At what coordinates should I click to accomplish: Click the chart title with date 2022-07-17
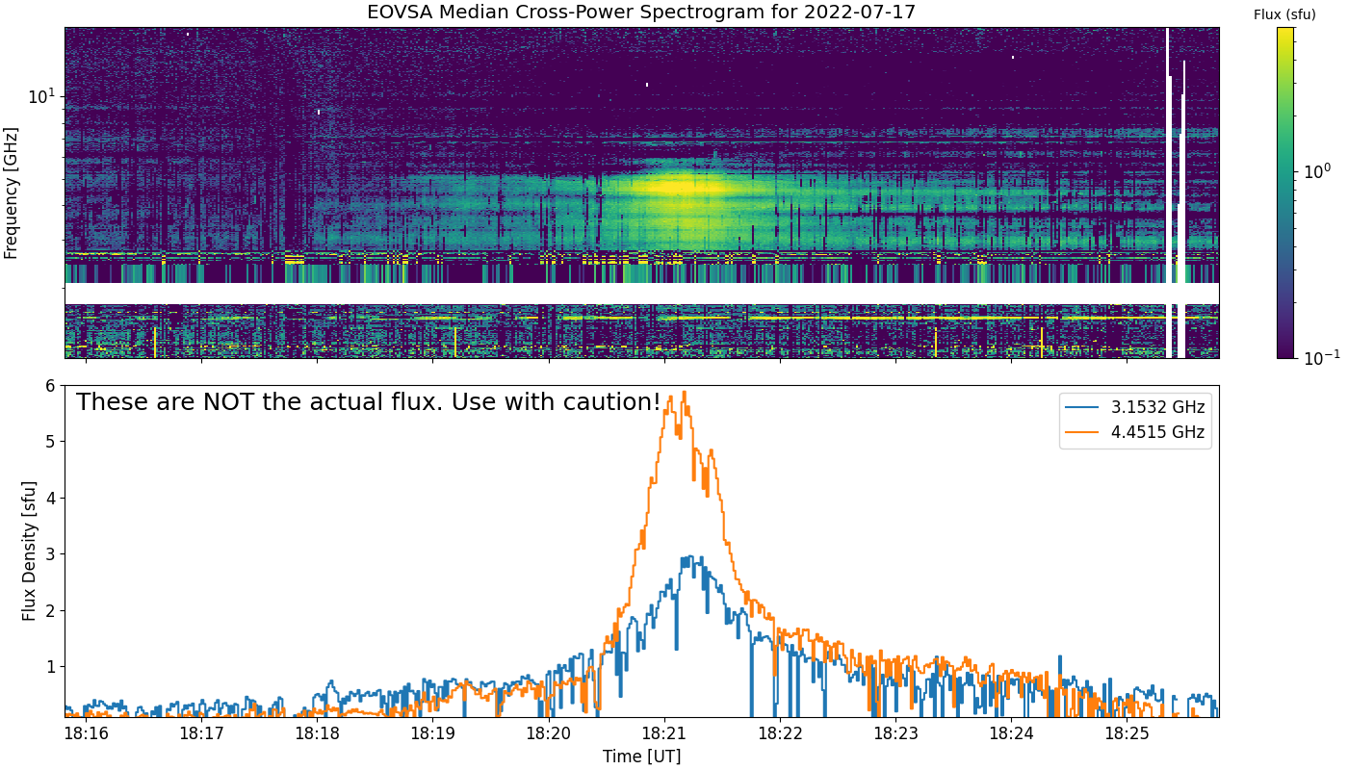[641, 12]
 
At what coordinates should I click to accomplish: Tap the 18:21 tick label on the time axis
[664, 733]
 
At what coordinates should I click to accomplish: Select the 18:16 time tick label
[86, 733]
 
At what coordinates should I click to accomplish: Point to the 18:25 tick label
[1127, 733]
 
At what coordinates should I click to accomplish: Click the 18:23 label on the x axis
[895, 733]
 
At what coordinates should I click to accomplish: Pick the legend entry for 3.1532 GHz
[1135, 407]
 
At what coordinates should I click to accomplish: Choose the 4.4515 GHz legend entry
[1135, 432]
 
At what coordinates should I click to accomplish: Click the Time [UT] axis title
[641, 757]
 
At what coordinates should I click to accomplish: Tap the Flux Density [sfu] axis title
[28, 551]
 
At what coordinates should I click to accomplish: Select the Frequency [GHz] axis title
[11, 193]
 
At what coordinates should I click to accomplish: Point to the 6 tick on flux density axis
[49, 386]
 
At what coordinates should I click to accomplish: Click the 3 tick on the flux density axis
[49, 554]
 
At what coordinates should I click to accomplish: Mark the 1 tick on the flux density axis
[49, 666]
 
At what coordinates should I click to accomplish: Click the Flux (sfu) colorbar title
[1284, 15]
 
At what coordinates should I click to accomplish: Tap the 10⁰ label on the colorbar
[1317, 171]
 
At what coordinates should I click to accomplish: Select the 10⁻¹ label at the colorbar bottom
[1321, 357]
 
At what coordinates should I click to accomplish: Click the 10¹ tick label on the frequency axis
[41, 95]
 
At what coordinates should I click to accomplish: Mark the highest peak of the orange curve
[685, 392]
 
